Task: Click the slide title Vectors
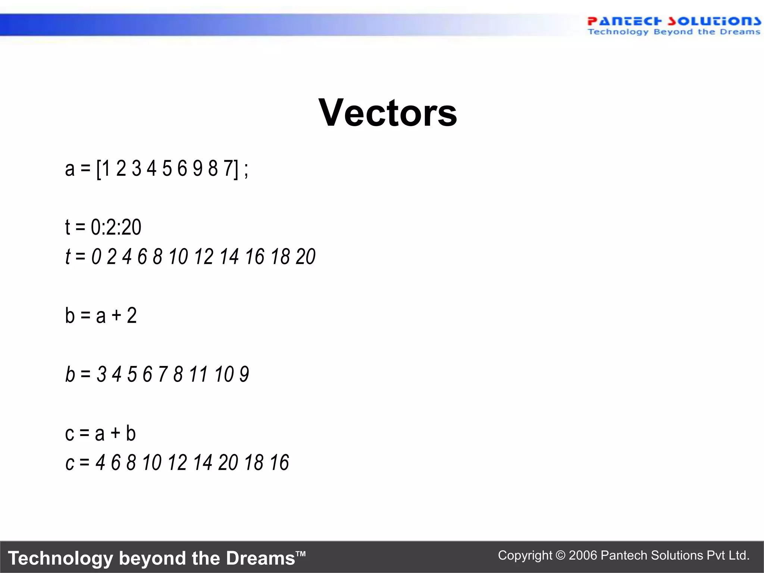tap(388, 113)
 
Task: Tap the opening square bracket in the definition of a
tap(98, 169)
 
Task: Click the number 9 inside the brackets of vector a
tap(197, 168)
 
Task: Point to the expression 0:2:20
tap(116, 227)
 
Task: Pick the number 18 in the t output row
tap(280, 257)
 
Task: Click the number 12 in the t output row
tap(204, 257)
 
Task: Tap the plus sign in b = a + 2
tap(116, 316)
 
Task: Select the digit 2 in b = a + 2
tap(132, 316)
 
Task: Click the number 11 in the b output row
tap(198, 374)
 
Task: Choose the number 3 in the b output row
tap(101, 374)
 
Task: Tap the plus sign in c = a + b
tap(115, 433)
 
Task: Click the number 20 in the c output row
tap(228, 463)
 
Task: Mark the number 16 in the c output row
tap(279, 463)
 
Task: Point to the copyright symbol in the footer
tap(560, 555)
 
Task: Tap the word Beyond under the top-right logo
tap(673, 32)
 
